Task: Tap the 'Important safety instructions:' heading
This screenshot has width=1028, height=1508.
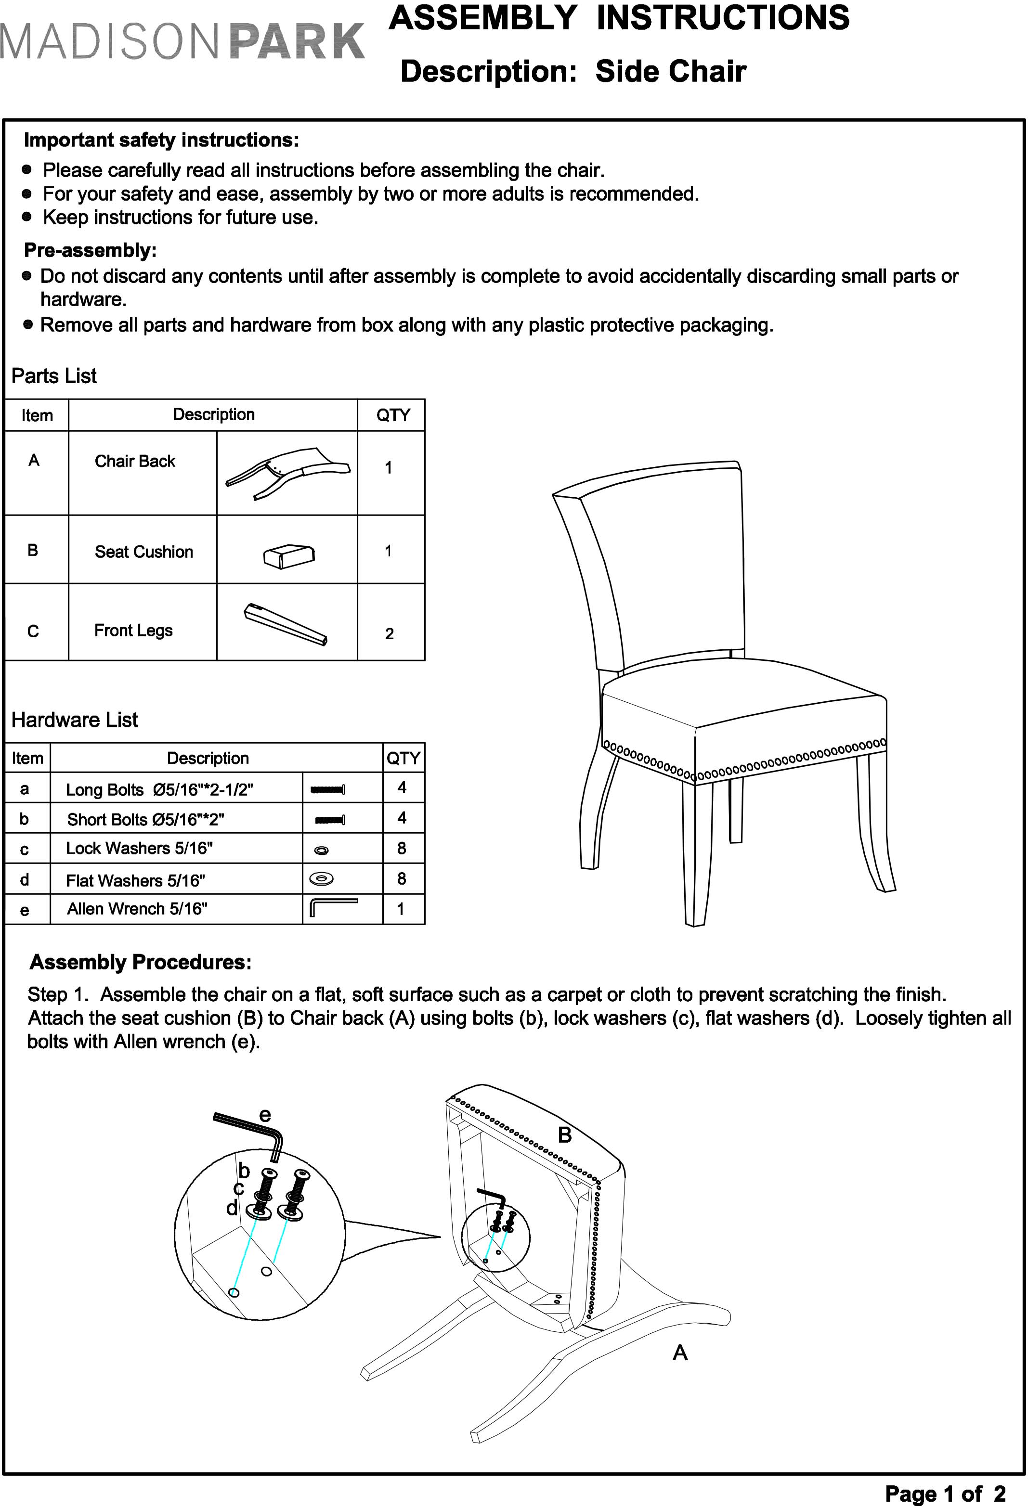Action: [162, 140]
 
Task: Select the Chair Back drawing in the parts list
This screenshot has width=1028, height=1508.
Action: [287, 472]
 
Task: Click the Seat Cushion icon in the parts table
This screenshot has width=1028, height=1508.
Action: [289, 555]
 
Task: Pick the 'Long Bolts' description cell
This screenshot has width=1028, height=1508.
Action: [160, 790]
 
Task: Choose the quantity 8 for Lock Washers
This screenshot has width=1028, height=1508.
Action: [402, 848]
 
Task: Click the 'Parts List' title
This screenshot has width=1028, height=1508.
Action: [54, 376]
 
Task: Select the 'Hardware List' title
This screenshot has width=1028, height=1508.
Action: [75, 720]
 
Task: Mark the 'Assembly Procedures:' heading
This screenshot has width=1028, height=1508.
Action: [141, 962]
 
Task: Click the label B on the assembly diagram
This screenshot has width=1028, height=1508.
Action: [565, 1135]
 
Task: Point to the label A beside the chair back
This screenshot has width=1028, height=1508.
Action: [679, 1353]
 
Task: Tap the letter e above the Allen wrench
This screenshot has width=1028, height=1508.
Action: [265, 1115]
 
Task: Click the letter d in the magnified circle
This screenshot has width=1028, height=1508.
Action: [232, 1208]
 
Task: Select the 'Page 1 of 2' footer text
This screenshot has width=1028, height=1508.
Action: [945, 1494]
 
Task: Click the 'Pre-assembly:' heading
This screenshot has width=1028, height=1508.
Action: [90, 250]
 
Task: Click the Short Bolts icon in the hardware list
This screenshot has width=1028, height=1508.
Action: [330, 820]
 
